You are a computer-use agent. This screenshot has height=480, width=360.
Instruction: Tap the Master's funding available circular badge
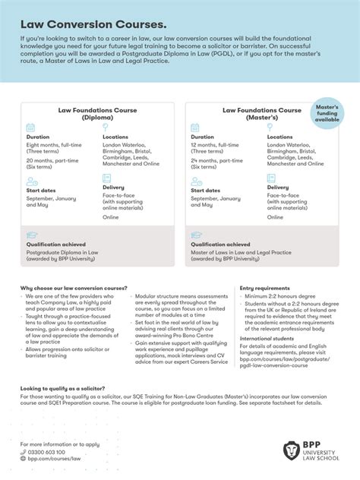pos(327,113)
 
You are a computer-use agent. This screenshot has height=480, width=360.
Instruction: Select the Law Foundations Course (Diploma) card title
pos(98,114)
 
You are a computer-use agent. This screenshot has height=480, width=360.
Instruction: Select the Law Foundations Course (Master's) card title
pos(261,114)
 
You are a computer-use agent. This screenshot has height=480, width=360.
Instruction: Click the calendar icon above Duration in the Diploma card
pos(31,128)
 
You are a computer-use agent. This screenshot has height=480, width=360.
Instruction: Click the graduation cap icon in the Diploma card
pos(32,236)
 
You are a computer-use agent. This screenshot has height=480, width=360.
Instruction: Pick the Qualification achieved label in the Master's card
pos(224,245)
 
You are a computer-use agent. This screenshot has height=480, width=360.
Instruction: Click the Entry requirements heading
pos(264,289)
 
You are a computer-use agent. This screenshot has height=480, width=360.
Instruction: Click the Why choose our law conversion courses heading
pos(74,289)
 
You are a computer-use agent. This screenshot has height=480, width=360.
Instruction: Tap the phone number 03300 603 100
pos(47,452)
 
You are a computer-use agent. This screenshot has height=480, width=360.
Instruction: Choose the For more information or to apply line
pos(60,444)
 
